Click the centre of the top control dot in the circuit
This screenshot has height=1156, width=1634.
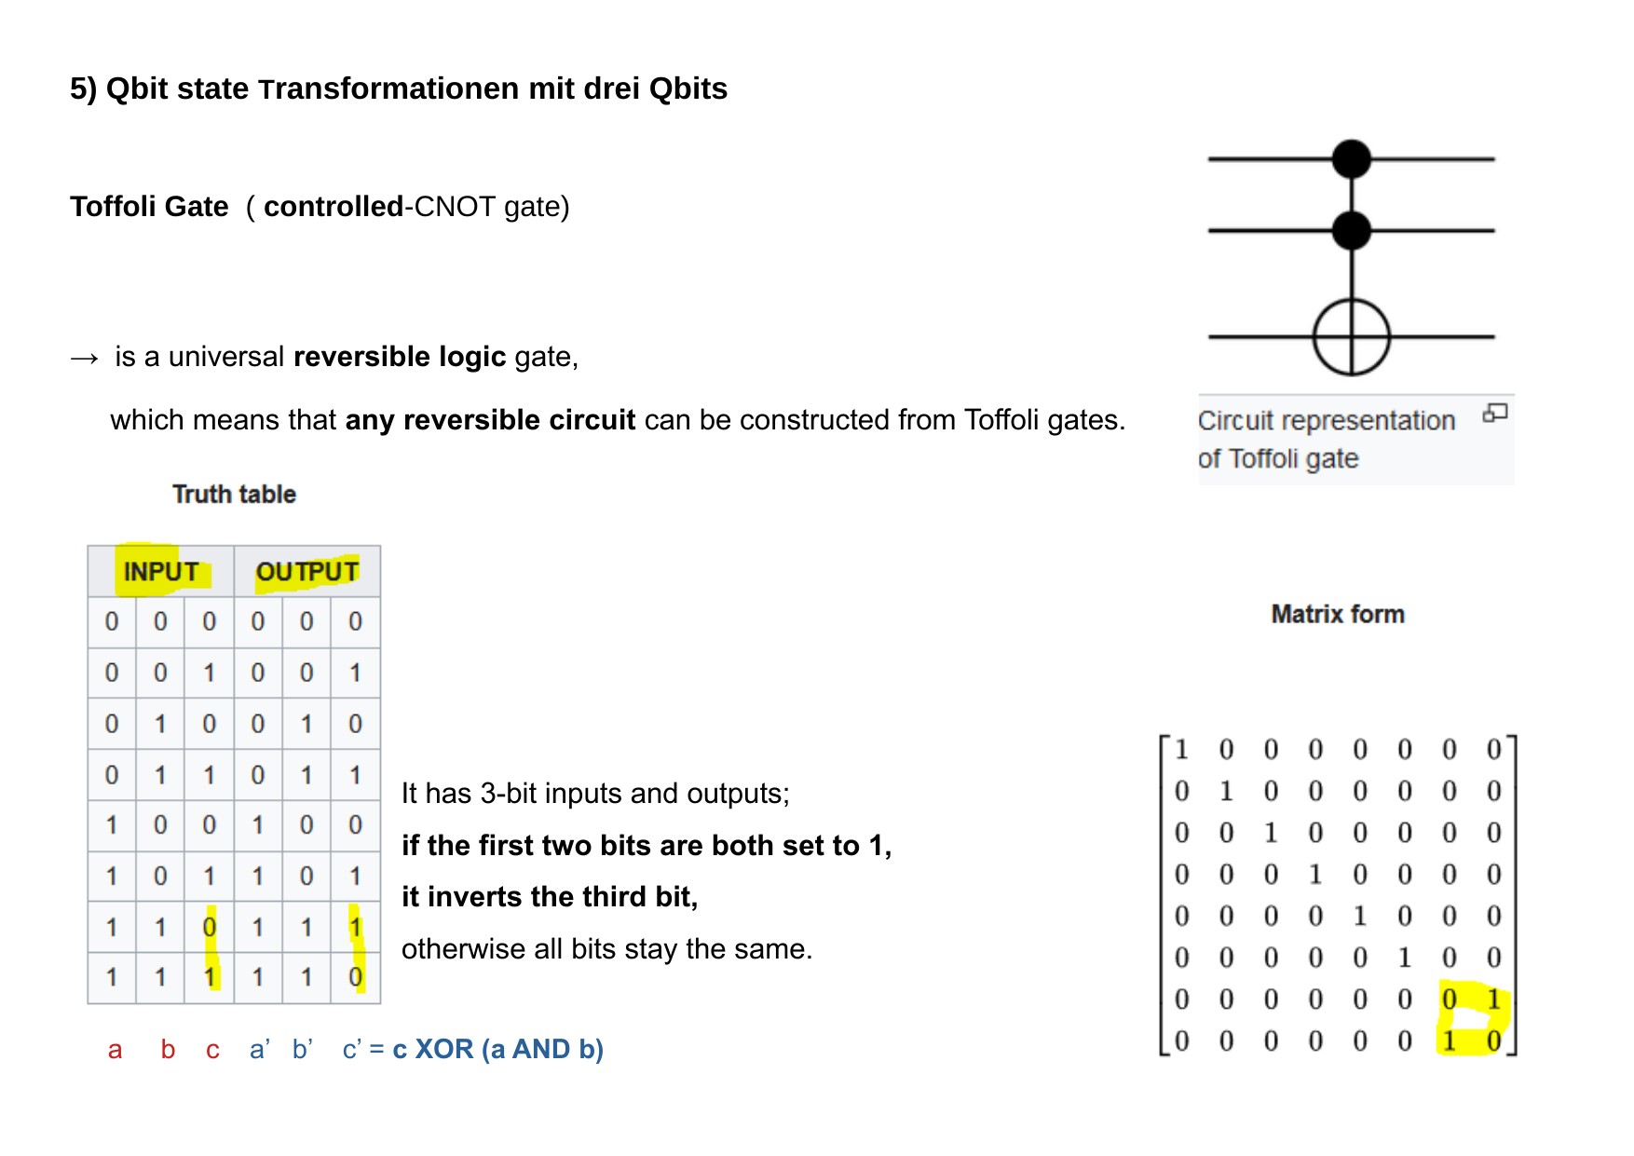click(x=1351, y=158)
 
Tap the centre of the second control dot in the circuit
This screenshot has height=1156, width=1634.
click(x=1351, y=230)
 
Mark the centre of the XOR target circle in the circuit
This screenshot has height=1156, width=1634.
click(x=1351, y=336)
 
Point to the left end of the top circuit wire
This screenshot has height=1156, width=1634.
click(x=1208, y=159)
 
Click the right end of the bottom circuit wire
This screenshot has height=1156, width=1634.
click(x=1494, y=336)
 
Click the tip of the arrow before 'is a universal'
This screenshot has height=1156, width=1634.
click(x=99, y=359)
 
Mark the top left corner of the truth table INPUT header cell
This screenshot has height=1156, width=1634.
click(x=89, y=546)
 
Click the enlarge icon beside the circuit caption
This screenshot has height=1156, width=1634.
click(x=1495, y=413)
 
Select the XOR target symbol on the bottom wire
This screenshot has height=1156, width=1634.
click(x=1351, y=336)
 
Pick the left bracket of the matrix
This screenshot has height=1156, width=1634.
click(x=1164, y=895)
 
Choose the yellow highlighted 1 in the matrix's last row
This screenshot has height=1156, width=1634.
click(x=1449, y=1040)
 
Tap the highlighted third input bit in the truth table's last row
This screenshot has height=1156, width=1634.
click(x=210, y=977)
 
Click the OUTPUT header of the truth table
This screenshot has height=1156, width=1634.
click(x=307, y=571)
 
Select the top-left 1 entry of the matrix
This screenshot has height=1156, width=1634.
click(x=1181, y=749)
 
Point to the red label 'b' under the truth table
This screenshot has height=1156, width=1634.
click(x=168, y=1049)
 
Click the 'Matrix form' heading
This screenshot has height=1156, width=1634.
click(x=1338, y=614)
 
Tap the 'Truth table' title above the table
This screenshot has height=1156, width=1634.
click(x=234, y=494)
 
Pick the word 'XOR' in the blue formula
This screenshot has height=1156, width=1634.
click(x=444, y=1049)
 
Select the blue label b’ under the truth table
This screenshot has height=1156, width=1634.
click(x=302, y=1049)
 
